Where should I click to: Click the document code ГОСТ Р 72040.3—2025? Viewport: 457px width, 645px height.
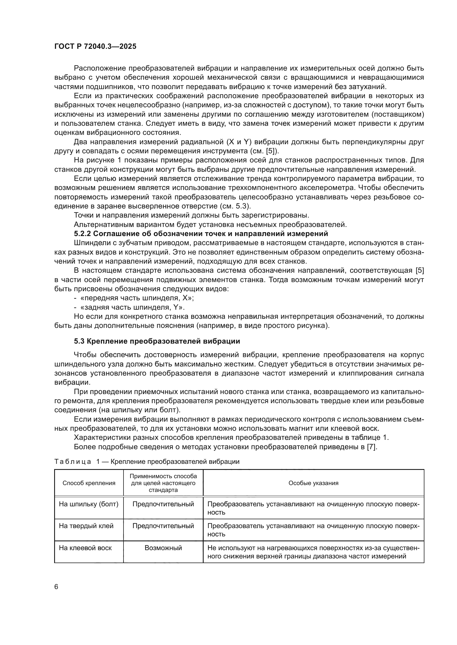pos(95,46)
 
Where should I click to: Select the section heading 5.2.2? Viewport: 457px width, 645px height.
pos(201,234)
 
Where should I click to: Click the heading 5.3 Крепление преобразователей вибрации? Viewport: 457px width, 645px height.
pos(157,341)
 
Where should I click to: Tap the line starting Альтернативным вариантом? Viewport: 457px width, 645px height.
pos(210,224)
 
